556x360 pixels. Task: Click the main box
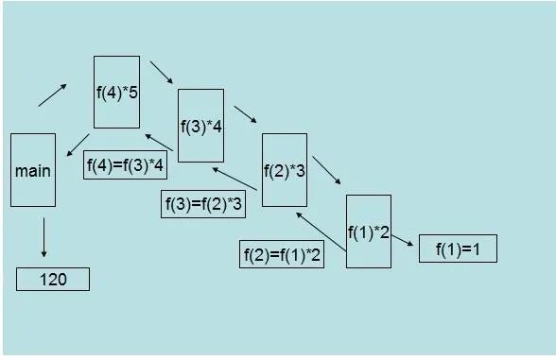(x=33, y=170)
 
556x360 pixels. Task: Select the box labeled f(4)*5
(x=116, y=92)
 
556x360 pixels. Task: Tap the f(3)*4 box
(x=200, y=126)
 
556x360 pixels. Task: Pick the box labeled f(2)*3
(x=284, y=170)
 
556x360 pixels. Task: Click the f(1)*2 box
(x=368, y=231)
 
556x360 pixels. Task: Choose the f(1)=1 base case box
(x=458, y=249)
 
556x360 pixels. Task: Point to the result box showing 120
(x=53, y=280)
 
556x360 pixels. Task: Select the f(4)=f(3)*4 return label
(x=126, y=165)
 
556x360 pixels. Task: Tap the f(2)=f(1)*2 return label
(x=282, y=254)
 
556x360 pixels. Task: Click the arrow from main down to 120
(x=43, y=237)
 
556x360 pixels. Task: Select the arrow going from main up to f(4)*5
(x=52, y=94)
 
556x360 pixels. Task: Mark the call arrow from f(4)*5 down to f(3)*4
(x=161, y=73)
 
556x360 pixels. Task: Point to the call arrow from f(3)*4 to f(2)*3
(x=245, y=112)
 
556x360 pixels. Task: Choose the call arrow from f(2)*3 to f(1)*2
(x=326, y=170)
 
